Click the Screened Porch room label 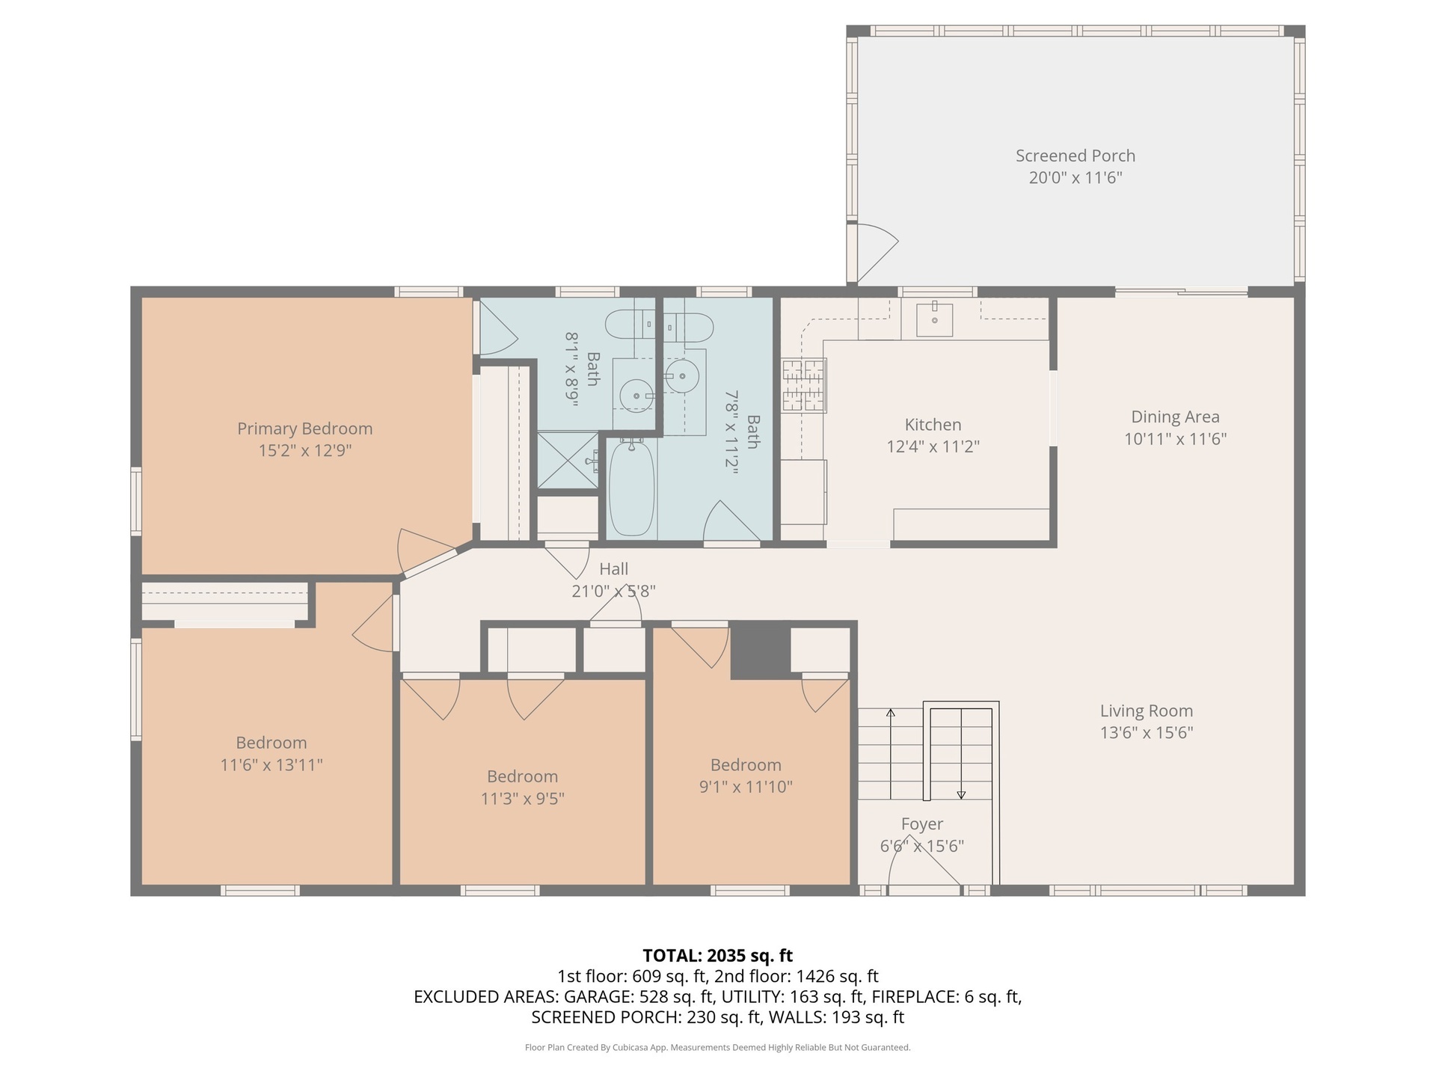click(1075, 156)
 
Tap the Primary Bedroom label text click(304, 429)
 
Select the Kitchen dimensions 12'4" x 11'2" click(933, 447)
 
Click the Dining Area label click(1175, 417)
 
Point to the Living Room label click(1146, 711)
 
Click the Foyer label click(921, 824)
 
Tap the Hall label click(613, 569)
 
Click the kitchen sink click(934, 319)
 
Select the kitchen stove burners click(805, 385)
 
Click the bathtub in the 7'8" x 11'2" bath click(632, 488)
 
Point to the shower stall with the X click(568, 460)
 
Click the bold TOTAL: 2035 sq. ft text click(717, 956)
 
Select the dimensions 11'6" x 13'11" click(271, 765)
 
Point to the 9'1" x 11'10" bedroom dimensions click(746, 787)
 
